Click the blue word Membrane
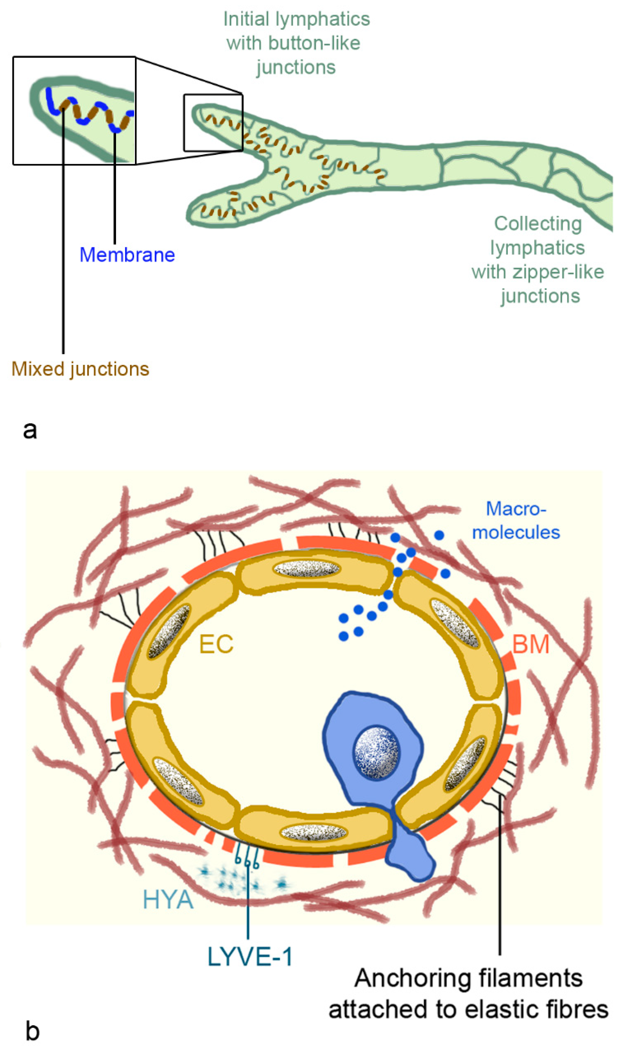click(127, 255)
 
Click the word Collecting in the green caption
click(538, 224)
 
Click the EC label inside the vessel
click(216, 644)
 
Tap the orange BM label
click(531, 644)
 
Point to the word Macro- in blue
click(516, 509)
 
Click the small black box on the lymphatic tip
click(213, 123)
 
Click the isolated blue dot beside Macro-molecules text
click(439, 535)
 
